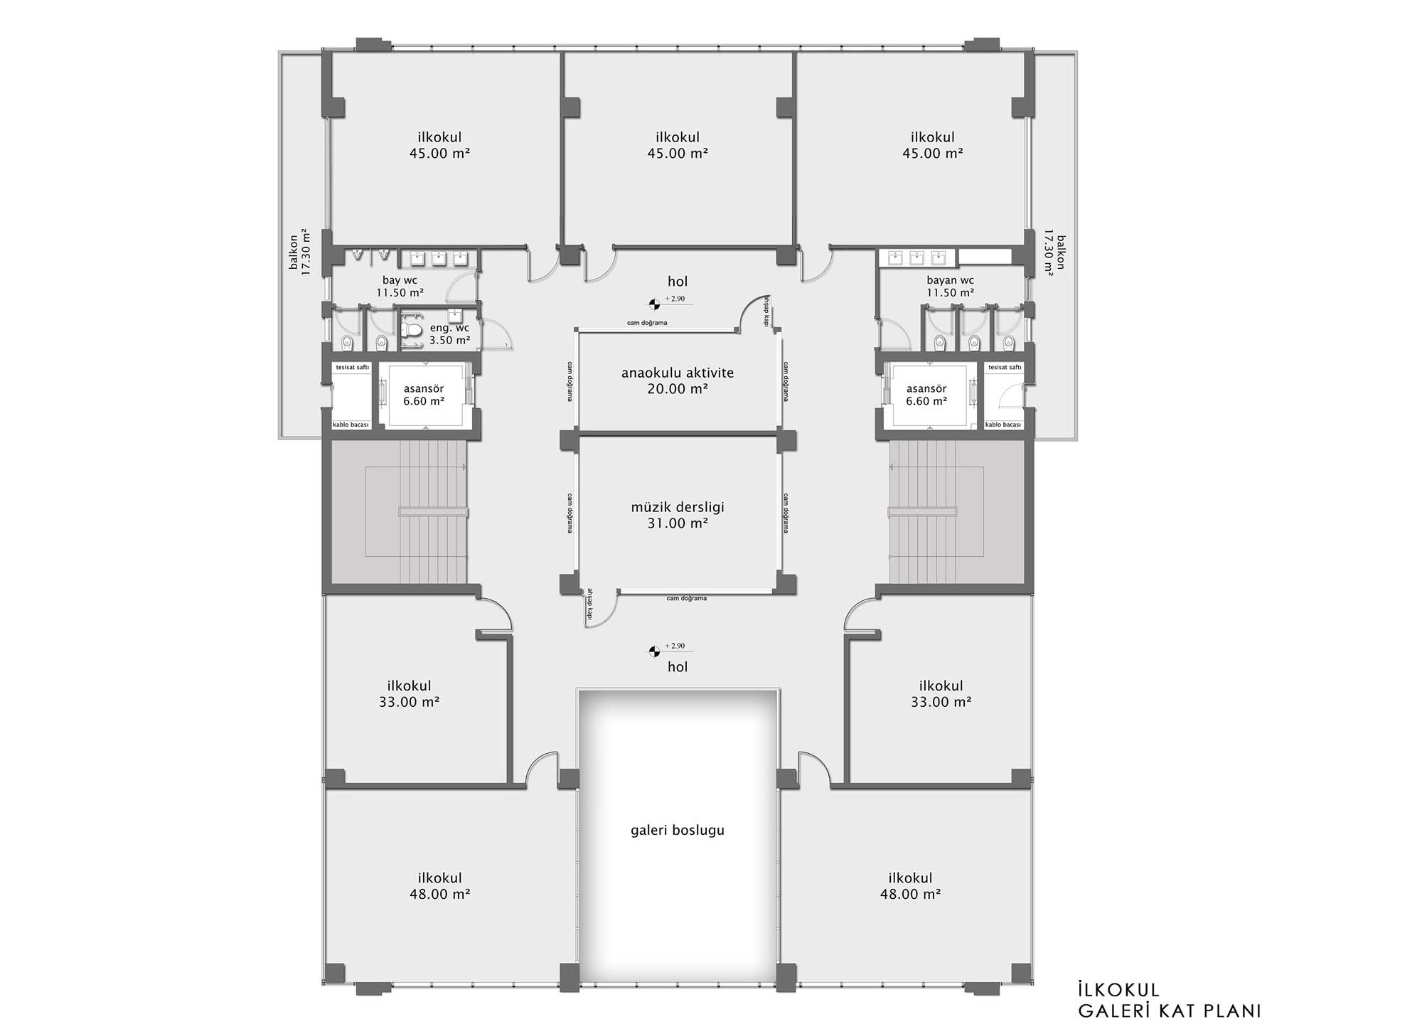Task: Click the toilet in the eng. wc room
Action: pos(410,331)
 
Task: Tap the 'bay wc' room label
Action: pos(400,280)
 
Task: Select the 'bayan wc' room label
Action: pos(950,280)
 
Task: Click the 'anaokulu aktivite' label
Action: pos(678,373)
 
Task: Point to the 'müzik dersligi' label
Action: pos(678,508)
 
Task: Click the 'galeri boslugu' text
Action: pos(678,831)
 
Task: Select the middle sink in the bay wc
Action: pos(438,257)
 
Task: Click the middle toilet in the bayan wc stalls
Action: pos(974,343)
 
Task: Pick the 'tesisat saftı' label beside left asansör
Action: pos(353,367)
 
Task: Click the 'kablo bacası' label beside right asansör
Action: pos(1003,425)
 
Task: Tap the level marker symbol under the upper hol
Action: pos(653,305)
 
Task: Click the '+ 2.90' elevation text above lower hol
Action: pos(675,646)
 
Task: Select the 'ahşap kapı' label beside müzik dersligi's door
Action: pos(589,606)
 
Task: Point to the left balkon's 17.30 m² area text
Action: pos(306,252)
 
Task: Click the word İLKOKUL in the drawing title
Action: pos(1119,990)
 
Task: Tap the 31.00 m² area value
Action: pos(678,524)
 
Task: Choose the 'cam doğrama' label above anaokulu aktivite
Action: pos(647,323)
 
